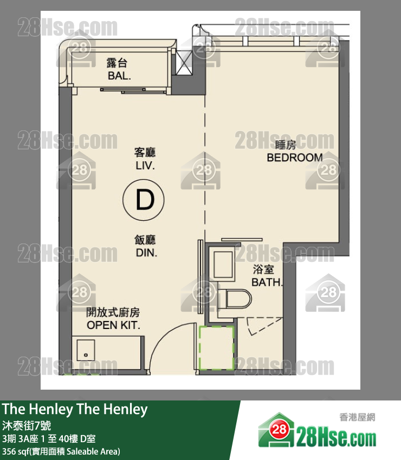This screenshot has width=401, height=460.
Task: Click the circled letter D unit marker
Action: coord(144,200)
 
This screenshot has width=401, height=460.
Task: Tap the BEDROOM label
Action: coord(295,158)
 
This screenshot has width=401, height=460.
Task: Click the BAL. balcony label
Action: coord(119,76)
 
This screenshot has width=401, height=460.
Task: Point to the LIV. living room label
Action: coord(145,166)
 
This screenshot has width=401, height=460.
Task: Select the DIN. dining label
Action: coord(146,253)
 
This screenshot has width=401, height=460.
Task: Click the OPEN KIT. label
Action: coord(113,325)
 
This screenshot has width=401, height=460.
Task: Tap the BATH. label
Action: coord(267,282)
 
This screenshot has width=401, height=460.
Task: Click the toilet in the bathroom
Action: coord(235,299)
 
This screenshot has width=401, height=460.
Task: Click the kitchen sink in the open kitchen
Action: coord(86,350)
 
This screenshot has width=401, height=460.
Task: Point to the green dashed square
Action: coord(217,347)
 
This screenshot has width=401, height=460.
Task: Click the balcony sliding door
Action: coord(134,90)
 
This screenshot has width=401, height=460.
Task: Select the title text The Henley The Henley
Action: coord(75,410)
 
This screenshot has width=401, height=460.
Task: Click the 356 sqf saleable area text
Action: coord(61,451)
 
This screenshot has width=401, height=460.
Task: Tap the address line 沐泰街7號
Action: coord(27,425)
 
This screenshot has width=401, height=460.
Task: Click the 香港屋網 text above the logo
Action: coord(357,417)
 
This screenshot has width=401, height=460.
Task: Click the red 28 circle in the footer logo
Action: coord(279,430)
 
